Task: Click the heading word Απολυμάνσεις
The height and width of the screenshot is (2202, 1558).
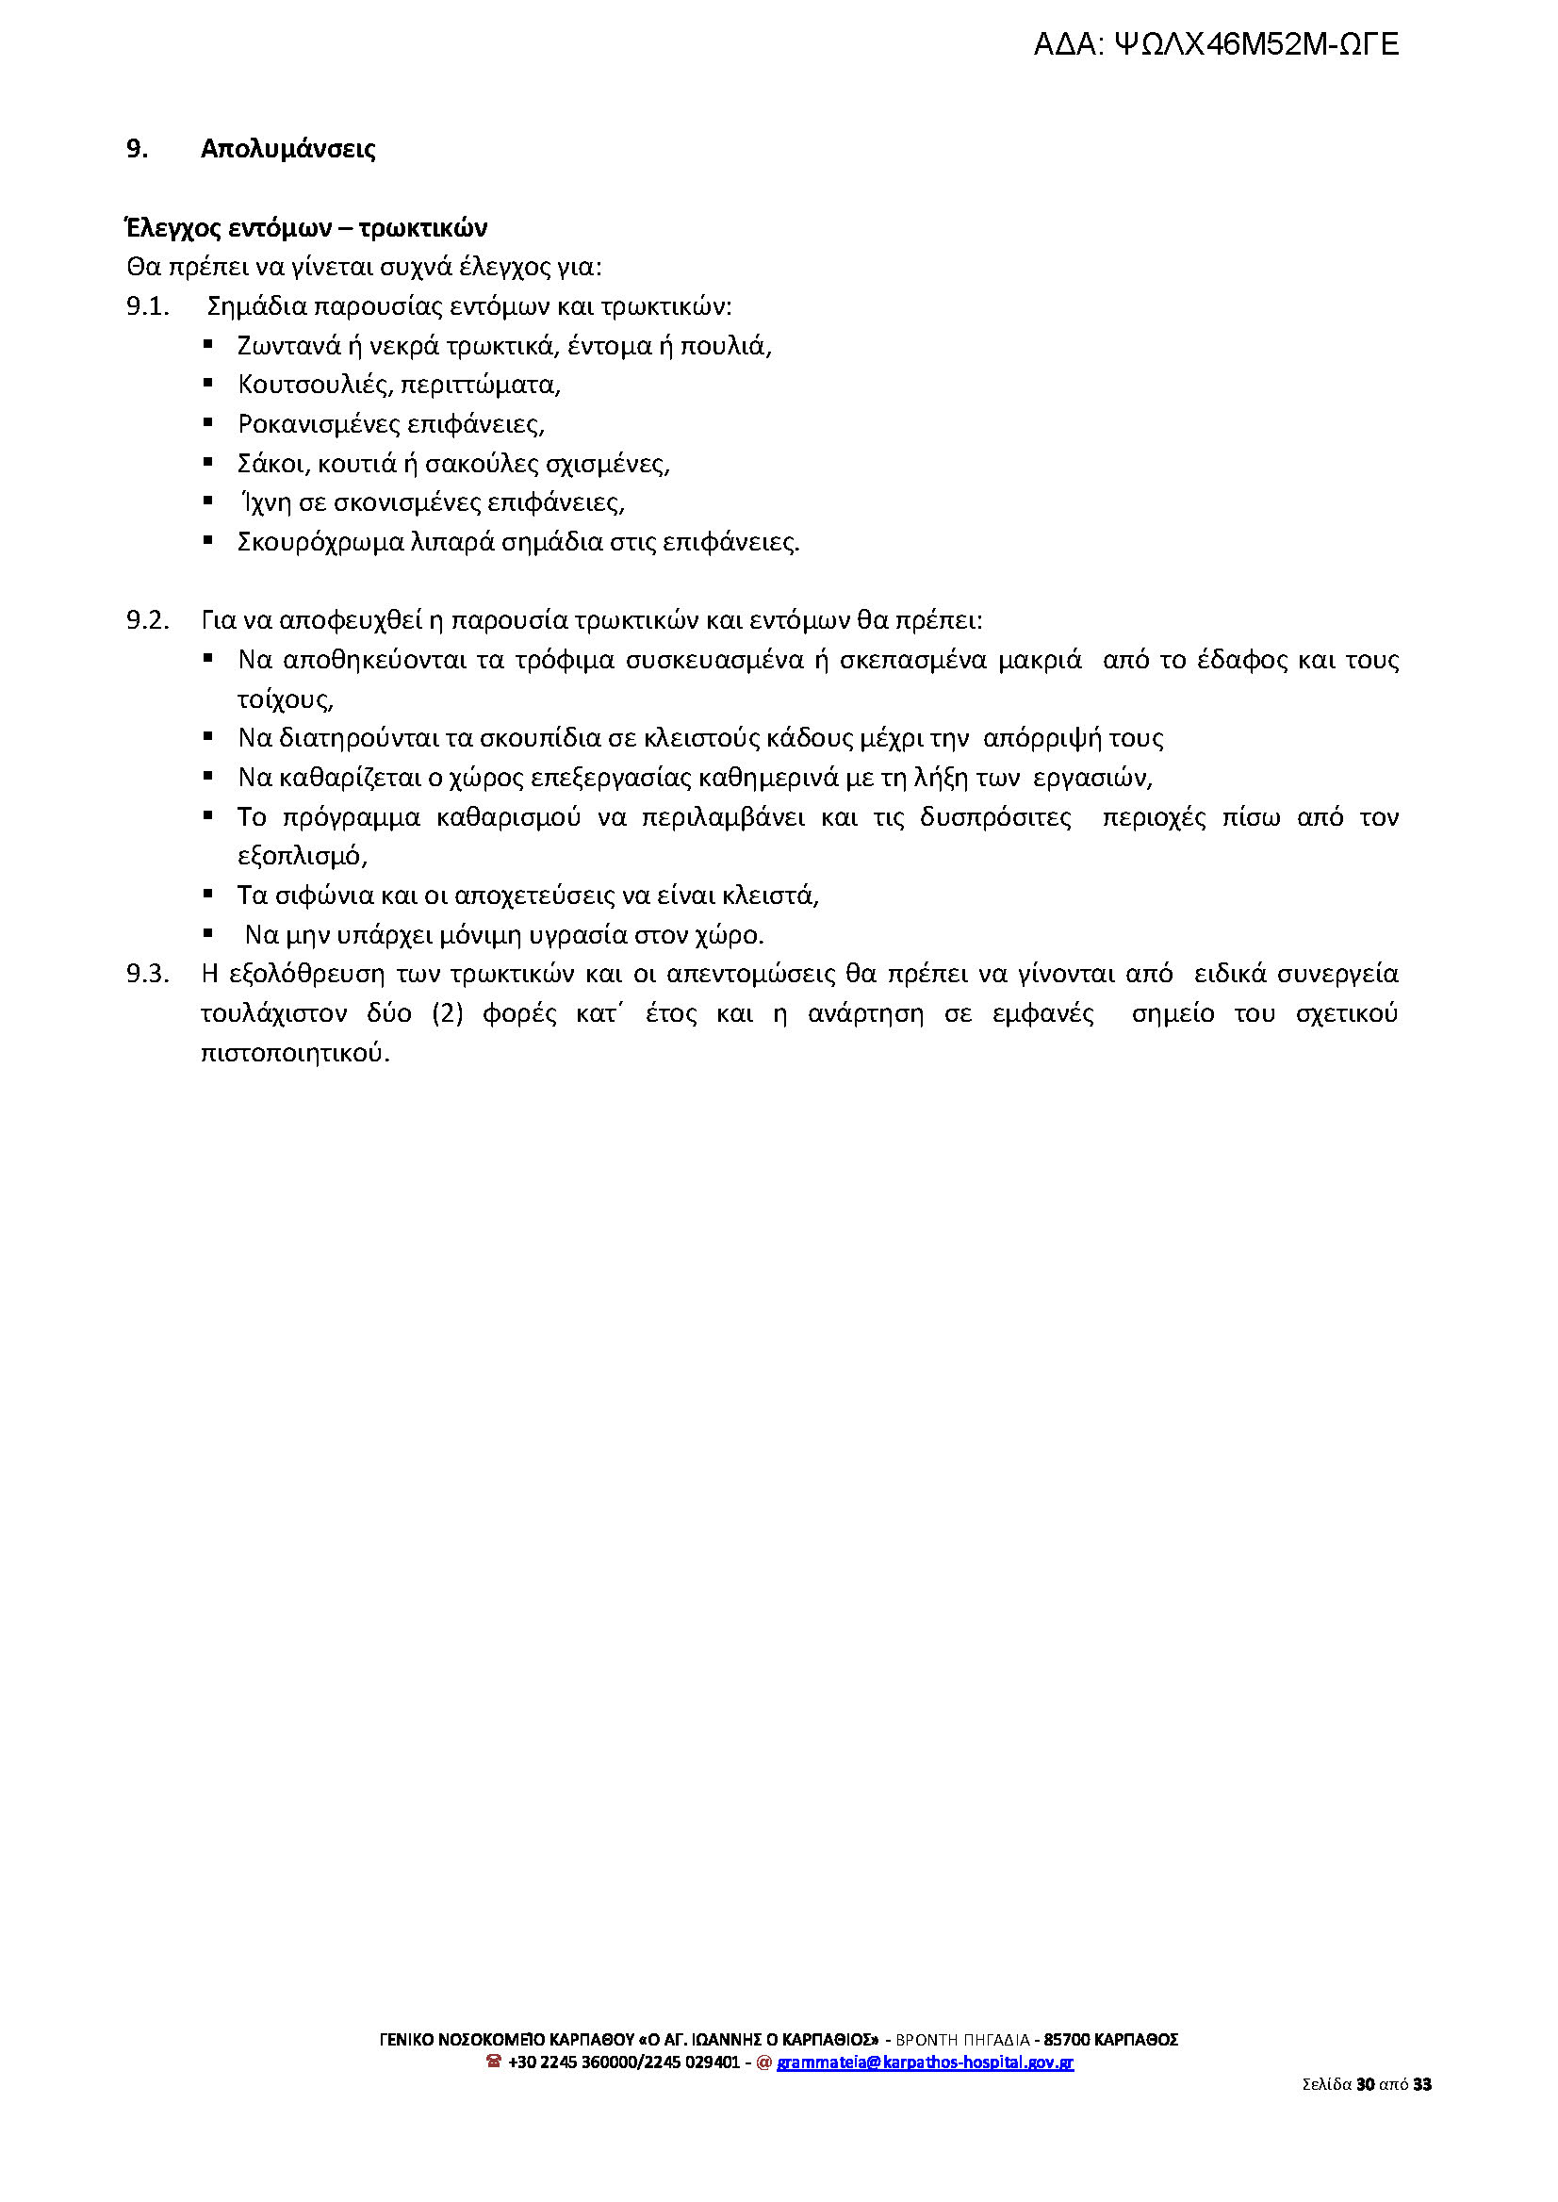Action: (287, 149)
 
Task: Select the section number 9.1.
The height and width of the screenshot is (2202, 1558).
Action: (148, 307)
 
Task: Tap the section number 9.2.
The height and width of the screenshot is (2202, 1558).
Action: (148, 621)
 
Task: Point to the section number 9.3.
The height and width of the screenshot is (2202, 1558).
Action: (148, 975)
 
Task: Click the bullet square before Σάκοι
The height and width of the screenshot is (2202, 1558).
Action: (207, 463)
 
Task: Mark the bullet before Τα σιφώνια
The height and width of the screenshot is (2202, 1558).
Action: (207, 895)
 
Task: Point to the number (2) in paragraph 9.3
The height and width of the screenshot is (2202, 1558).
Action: (447, 1014)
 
